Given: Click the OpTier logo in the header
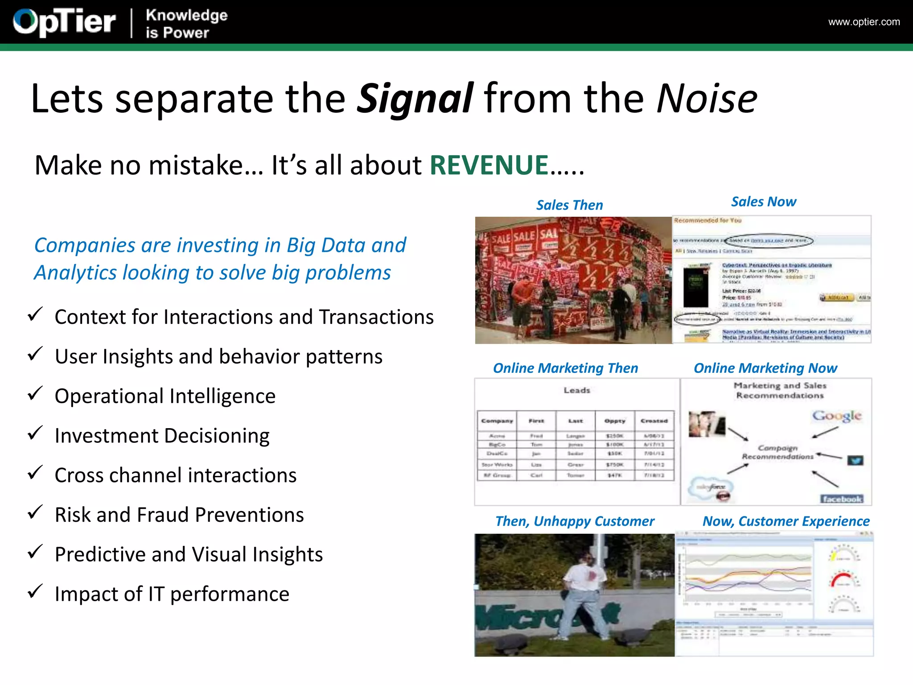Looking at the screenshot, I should click(64, 22).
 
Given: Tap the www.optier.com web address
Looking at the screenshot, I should click(864, 22).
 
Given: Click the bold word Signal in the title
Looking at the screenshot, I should click(415, 98).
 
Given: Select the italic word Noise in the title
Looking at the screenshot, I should click(707, 98).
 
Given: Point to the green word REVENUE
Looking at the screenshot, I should click(489, 165).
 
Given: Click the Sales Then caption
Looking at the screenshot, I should click(569, 205).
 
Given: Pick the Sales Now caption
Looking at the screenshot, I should click(763, 202).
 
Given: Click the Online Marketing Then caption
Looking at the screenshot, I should click(565, 368).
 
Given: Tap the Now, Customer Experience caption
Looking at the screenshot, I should click(786, 521).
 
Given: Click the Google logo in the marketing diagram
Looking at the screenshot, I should click(836, 416).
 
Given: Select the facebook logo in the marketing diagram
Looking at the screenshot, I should click(842, 499).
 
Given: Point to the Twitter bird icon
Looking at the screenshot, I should click(855, 460).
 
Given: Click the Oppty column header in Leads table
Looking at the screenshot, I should click(615, 421).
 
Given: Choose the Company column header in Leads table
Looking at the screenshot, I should click(497, 421).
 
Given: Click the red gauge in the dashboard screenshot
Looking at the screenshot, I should click(842, 580).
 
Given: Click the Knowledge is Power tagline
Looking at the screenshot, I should click(186, 24).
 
